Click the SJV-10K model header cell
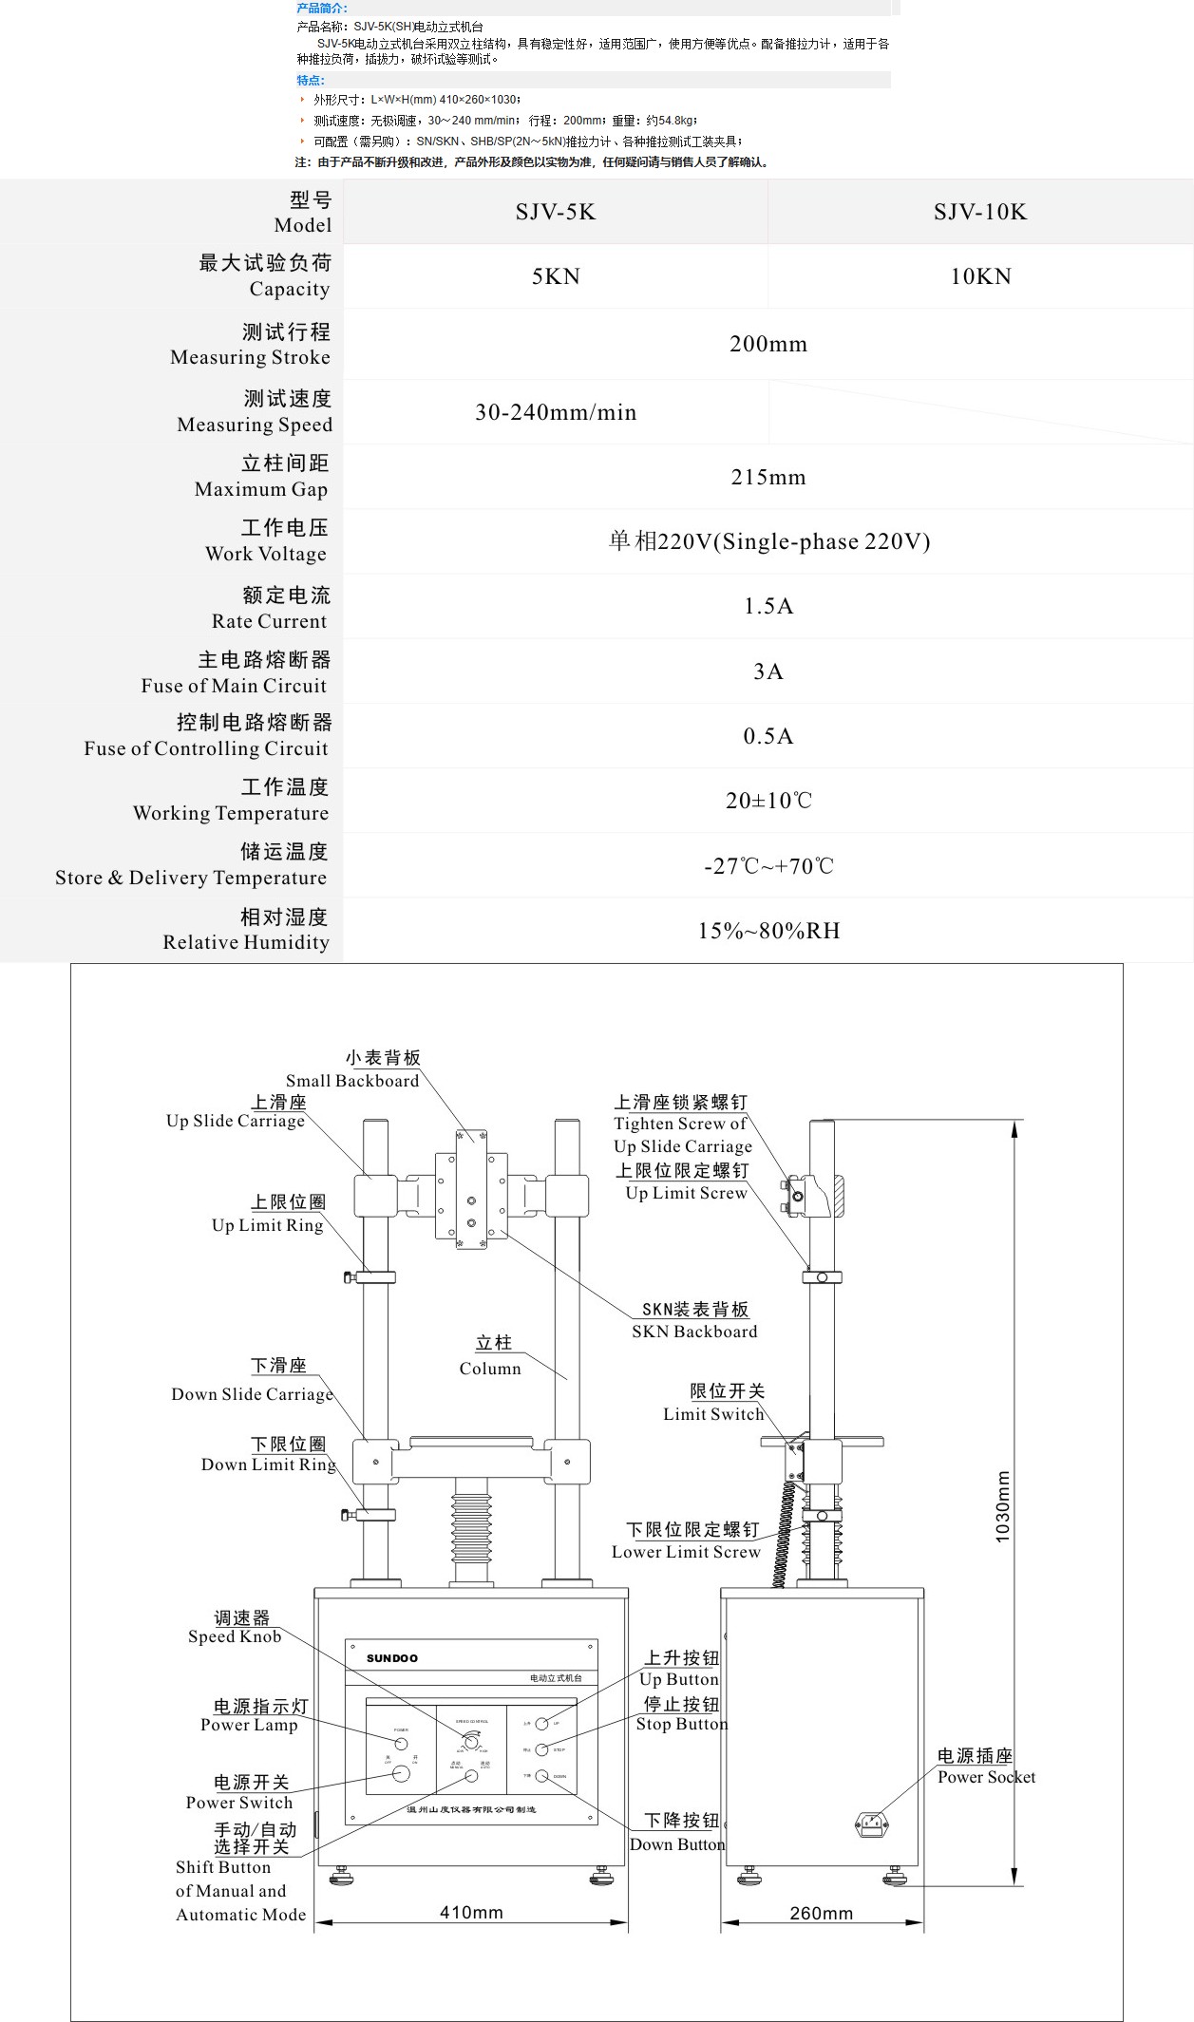click(x=979, y=212)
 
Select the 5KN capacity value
click(x=556, y=276)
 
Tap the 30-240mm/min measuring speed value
click(x=556, y=412)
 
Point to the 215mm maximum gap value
click(x=768, y=477)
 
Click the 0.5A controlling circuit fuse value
click(x=768, y=736)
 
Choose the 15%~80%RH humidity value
click(x=768, y=931)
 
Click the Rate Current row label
click(x=270, y=609)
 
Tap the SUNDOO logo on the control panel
click(x=392, y=1658)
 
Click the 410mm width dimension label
click(x=471, y=1912)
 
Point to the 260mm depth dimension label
click(x=821, y=1913)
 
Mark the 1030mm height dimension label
click(x=1003, y=1506)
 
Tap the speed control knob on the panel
click(x=470, y=1741)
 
